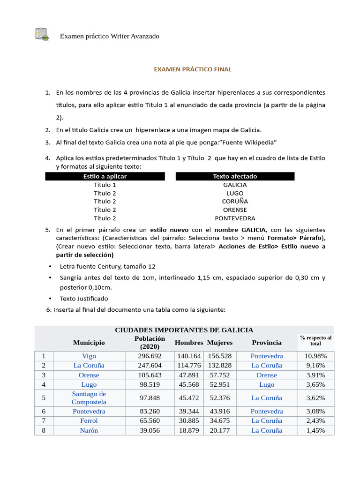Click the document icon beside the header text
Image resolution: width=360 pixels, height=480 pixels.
(42, 34)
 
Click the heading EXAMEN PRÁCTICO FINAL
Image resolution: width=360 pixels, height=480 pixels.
(193, 69)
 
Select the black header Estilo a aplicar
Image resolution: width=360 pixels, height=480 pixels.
(105, 176)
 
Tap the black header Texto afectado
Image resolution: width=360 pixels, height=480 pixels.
(235, 176)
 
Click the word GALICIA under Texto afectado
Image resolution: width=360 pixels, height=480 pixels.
(235, 185)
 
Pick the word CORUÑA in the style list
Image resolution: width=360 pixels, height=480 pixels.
(235, 202)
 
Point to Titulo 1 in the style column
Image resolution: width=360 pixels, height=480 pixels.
(105, 185)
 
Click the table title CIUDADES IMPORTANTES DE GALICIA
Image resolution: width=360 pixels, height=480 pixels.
(184, 330)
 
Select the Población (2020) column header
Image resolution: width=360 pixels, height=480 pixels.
(150, 343)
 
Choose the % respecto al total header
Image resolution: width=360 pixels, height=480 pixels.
(315, 341)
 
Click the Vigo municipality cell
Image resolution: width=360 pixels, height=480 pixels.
(89, 356)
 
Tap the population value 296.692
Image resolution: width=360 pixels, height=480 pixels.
(150, 356)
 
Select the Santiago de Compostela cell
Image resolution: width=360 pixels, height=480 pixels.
(89, 397)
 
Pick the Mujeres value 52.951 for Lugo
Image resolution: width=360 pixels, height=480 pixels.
(220, 384)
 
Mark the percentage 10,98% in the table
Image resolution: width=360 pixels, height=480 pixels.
(316, 356)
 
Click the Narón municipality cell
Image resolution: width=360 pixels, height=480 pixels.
(89, 430)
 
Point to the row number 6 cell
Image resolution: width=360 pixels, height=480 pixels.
(44, 411)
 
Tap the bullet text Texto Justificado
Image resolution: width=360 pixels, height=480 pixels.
(84, 299)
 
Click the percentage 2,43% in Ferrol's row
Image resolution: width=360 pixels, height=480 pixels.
(316, 420)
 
